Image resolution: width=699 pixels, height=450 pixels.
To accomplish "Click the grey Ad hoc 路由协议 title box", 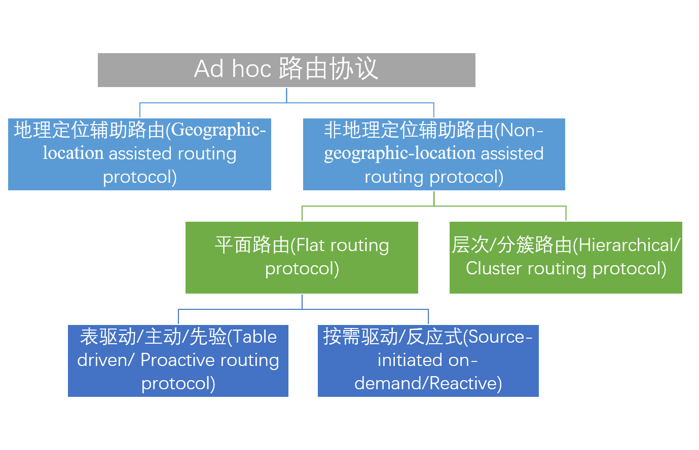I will click(286, 70).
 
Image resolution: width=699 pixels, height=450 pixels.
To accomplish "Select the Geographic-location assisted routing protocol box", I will click(139, 154).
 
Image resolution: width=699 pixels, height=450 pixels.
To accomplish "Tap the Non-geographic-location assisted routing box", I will click(434, 154).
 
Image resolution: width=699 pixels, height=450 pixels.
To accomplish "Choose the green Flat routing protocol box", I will click(302, 257).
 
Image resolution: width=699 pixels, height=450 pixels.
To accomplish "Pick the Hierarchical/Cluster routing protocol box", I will click(566, 257).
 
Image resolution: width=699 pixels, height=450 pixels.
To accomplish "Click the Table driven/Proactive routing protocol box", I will click(178, 360).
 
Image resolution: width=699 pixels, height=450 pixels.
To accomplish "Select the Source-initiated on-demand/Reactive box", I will click(428, 360).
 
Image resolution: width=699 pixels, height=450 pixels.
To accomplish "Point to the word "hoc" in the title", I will click(251, 69).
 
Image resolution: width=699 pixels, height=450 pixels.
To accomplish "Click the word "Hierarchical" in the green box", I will click(626, 246).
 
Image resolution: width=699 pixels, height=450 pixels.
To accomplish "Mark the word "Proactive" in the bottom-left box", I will click(174, 360).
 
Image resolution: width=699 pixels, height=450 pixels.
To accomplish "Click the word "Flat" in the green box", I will click(310, 246).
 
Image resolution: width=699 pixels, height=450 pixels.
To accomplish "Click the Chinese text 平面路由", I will click(252, 246).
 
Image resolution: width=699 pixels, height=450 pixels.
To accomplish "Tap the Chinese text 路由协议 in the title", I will click(328, 69).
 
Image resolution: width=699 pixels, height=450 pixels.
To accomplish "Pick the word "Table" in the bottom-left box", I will click(255, 337).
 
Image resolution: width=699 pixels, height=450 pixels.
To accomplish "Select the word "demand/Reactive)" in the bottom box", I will click(428, 384).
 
